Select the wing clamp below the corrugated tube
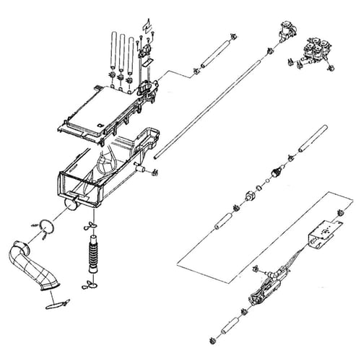pos(91,287)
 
